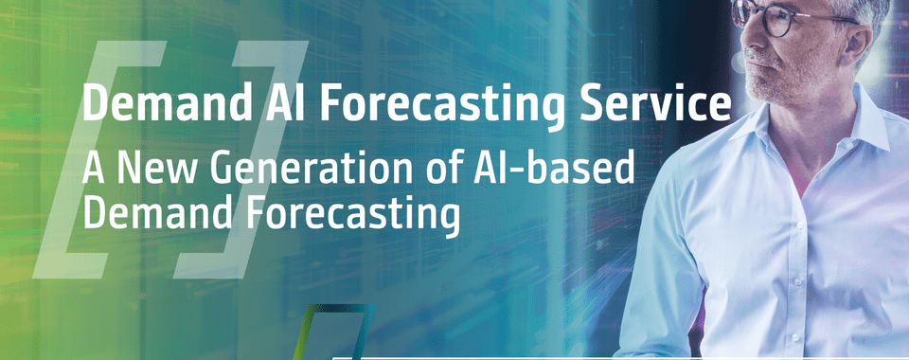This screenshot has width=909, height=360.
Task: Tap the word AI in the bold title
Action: [x=280, y=102]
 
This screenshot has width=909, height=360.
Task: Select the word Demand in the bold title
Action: [x=163, y=102]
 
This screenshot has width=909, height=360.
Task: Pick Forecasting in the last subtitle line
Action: [x=352, y=217]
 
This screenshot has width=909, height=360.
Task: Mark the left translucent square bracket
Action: [x=99, y=159]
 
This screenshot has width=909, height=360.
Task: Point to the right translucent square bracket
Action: [x=241, y=159]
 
